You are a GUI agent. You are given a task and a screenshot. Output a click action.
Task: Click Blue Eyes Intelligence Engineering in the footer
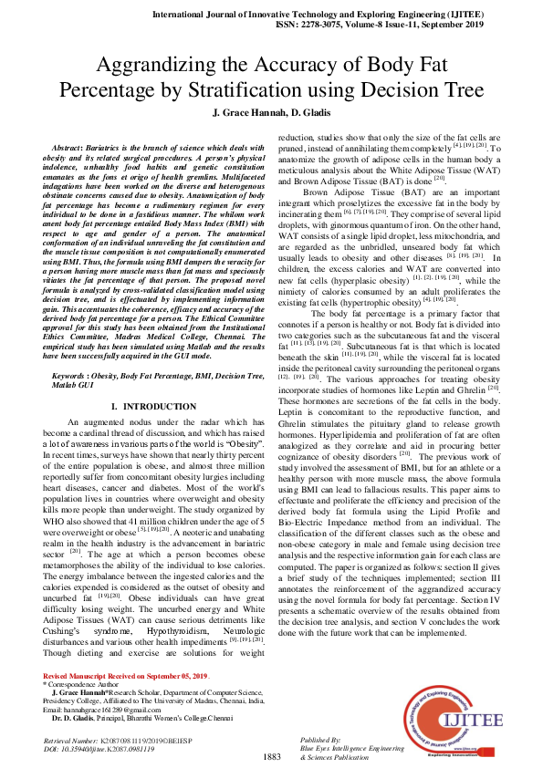pos(352,747)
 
